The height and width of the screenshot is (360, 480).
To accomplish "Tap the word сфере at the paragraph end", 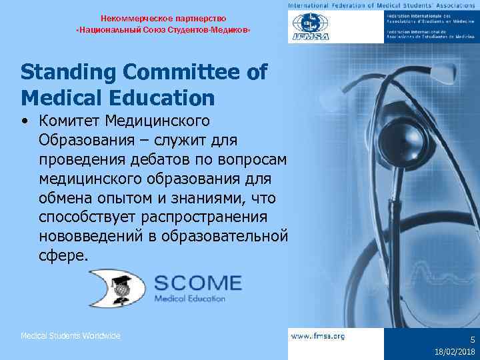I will [x=63, y=256].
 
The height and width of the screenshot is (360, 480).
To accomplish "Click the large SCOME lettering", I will [x=198, y=283].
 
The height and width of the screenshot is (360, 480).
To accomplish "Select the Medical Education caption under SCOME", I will [x=190, y=299].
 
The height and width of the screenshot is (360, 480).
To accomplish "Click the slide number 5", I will [x=473, y=339].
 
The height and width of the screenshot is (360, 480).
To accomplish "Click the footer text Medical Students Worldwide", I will [x=71, y=336].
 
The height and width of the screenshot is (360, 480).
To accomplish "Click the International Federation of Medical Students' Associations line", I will [x=383, y=6].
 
